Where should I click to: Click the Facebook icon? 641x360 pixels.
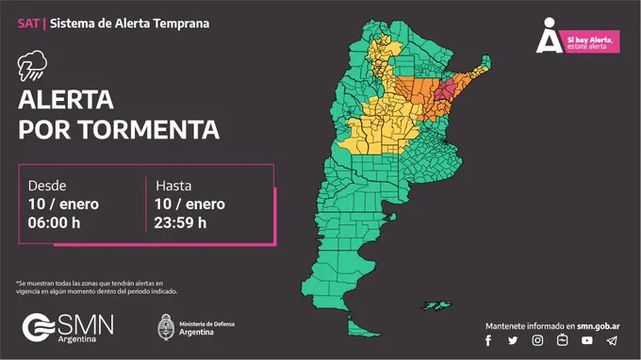488,340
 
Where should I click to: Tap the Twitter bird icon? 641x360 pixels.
513,340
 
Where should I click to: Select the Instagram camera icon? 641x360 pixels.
537,340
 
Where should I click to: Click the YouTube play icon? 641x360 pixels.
587,340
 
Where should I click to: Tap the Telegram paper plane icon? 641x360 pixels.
613,340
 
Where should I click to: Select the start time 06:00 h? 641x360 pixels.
56,222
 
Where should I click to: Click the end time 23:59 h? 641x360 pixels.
181,222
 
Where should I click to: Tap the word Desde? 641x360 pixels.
48,185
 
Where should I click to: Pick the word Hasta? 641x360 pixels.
173,185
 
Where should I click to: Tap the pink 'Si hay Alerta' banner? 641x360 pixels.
591,41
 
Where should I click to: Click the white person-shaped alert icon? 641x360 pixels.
549,36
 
